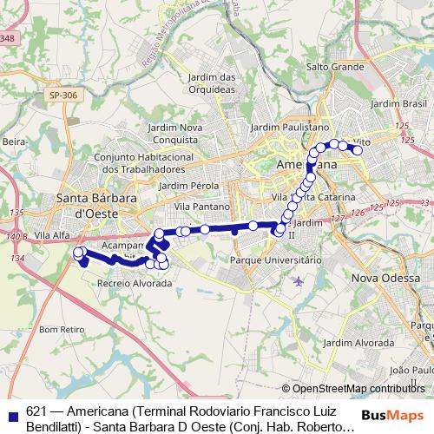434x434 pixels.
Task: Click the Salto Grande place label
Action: pyautogui.click(x=334, y=66)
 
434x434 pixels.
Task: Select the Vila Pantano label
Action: pyautogui.click(x=201, y=207)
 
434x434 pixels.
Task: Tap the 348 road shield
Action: pyautogui.click(x=7, y=38)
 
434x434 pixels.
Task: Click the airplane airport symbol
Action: pyautogui.click(x=299, y=280)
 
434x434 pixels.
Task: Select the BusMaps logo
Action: pyautogui.click(x=397, y=414)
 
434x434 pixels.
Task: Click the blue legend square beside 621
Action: pyautogui.click(x=11, y=414)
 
